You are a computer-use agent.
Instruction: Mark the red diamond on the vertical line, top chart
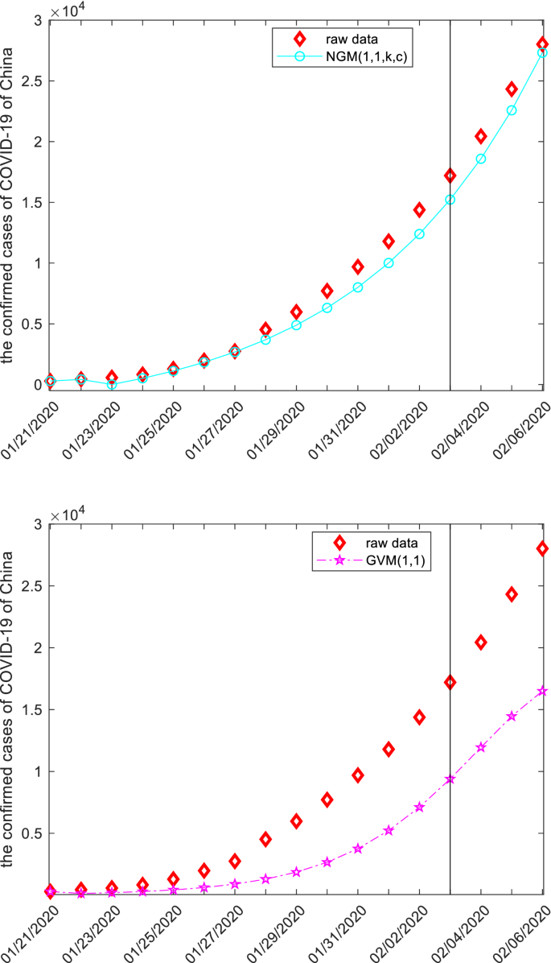pos(450,176)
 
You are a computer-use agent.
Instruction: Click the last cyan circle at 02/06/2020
pos(542,53)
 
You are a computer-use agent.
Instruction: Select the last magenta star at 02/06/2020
pos(542,691)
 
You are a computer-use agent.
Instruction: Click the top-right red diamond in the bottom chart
pos(542,548)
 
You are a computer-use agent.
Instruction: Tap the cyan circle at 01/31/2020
pos(358,287)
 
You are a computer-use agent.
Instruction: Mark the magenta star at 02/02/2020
pos(419,807)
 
